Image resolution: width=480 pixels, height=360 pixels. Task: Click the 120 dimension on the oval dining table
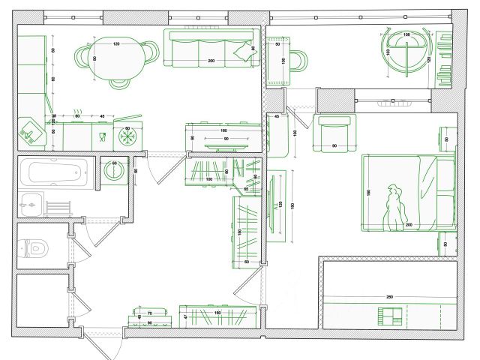point(116,44)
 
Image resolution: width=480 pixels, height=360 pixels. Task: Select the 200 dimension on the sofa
point(211,60)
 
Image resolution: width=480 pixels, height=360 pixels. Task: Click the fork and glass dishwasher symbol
point(101,136)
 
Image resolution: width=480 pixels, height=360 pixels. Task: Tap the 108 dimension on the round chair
point(406,35)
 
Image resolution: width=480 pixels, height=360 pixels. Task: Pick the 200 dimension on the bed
point(409,225)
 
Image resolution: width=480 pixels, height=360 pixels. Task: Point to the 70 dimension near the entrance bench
point(149,312)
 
